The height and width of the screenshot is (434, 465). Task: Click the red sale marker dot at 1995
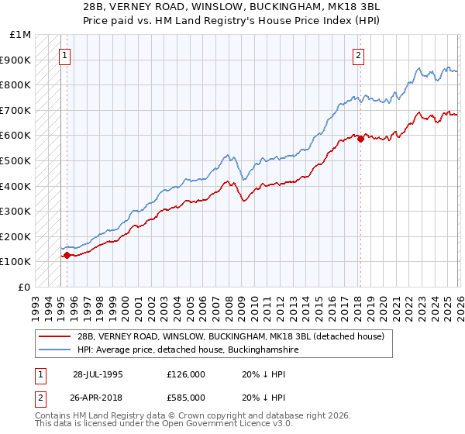point(67,255)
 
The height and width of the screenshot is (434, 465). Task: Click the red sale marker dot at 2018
point(360,139)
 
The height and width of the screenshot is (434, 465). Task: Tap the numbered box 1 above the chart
point(66,55)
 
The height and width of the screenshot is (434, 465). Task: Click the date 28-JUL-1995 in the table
point(98,374)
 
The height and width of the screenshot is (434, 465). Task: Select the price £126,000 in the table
point(186,374)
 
